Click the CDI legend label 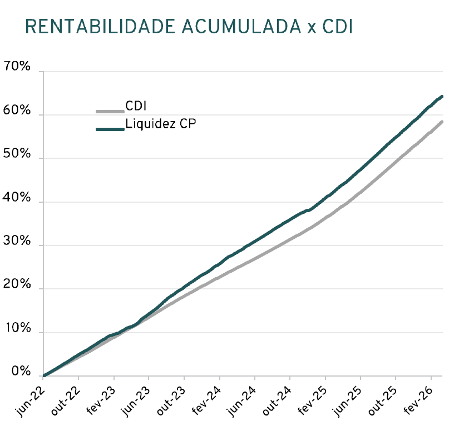tap(136, 106)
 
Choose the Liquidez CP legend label tap(161, 123)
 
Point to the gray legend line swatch tap(110, 111)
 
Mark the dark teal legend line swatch tap(110, 129)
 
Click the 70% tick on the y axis tap(17, 67)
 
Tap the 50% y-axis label tap(17, 154)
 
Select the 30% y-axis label tap(17, 241)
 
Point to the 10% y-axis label tap(17, 328)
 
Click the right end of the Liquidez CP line tap(442, 97)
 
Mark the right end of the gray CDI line tap(442, 122)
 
